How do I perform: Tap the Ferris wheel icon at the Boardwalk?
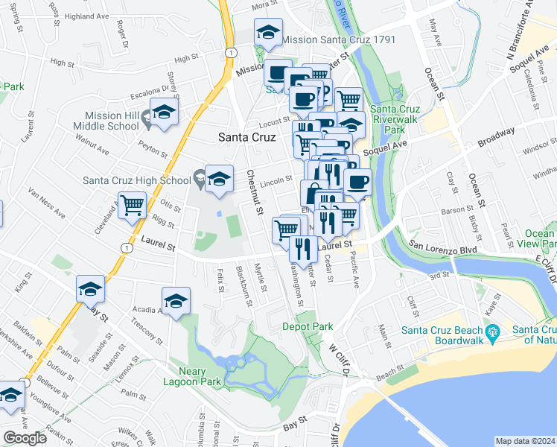[491, 332]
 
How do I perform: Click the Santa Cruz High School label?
[137, 180]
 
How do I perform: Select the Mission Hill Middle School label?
[113, 121]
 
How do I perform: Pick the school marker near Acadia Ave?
[176, 301]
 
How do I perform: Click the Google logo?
[25, 437]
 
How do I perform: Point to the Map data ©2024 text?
[525, 441]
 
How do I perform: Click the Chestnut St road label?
[255, 194]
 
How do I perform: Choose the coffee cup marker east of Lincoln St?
[357, 182]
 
